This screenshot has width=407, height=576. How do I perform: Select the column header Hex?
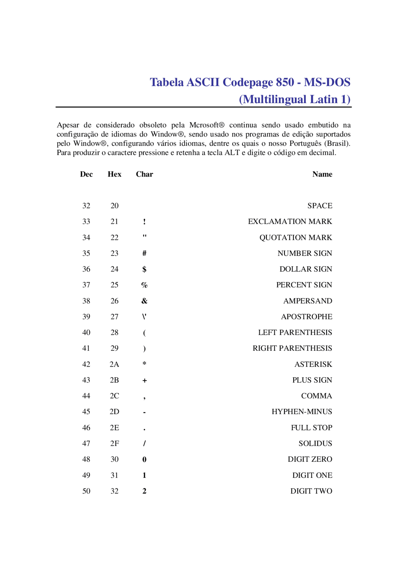coord(114,174)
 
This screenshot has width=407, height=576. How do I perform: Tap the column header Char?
coord(144,174)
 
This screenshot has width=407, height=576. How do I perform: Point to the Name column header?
coord(322,174)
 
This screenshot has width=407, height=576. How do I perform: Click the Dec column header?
coord(86,174)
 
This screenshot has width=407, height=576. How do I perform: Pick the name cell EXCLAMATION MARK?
coord(290,222)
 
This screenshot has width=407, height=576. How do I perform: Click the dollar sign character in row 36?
coord(144,269)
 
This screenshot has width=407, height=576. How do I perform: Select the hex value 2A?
coord(114,364)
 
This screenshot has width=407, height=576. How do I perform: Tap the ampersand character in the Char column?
coord(144,301)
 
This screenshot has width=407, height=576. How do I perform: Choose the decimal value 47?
coord(86,444)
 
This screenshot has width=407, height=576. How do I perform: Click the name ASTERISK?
coord(313,364)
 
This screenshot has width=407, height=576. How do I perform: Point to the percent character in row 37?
coord(144,285)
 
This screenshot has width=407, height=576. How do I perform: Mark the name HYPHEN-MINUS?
coord(302,412)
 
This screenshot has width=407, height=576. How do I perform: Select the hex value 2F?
coord(114,444)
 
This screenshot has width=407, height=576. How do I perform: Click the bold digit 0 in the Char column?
coord(144,460)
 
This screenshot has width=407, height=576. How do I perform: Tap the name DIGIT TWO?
coord(311,491)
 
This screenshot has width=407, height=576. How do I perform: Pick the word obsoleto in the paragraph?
coord(153,125)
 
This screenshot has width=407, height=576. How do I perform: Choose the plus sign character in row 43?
coord(145,380)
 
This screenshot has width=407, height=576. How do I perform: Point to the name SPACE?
coord(320,206)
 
